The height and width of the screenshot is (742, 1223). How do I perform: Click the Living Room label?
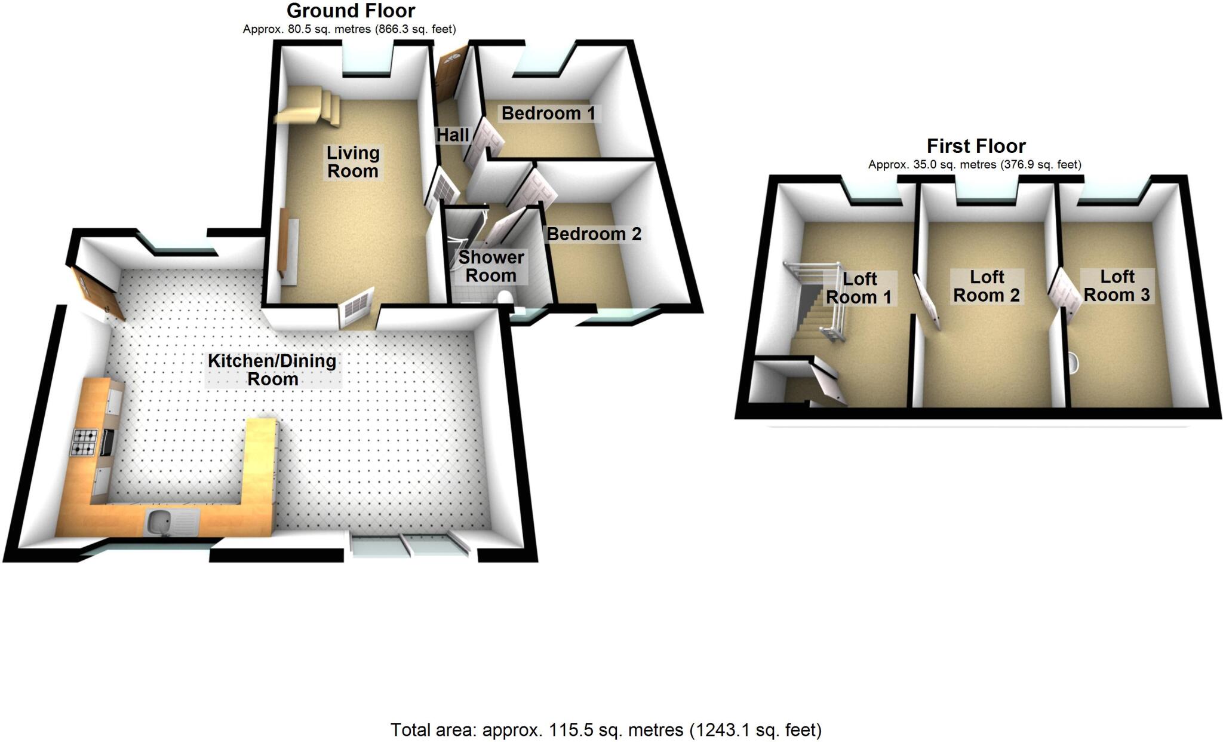point(352,162)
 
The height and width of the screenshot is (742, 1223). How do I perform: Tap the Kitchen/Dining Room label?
point(272,370)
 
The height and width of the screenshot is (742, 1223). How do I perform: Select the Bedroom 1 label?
point(548,113)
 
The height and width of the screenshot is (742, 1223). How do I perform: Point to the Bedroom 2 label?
point(594,234)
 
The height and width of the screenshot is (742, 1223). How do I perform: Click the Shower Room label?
point(491,266)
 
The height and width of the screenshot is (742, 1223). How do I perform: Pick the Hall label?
point(452,135)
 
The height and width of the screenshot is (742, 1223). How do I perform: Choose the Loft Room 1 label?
point(859,288)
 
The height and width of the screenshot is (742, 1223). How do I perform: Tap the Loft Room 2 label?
point(987,286)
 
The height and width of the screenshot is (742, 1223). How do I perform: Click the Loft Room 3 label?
point(1117,286)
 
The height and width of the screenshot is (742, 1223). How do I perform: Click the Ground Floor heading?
point(351,11)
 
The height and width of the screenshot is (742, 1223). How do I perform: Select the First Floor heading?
point(976,146)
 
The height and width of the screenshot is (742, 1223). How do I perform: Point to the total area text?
point(606,729)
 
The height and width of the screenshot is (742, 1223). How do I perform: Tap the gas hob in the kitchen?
point(84,443)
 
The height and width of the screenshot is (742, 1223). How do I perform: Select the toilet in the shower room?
point(505,298)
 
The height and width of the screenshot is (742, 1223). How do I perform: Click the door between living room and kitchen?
point(356,308)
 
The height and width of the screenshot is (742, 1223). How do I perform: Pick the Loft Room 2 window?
point(986,192)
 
